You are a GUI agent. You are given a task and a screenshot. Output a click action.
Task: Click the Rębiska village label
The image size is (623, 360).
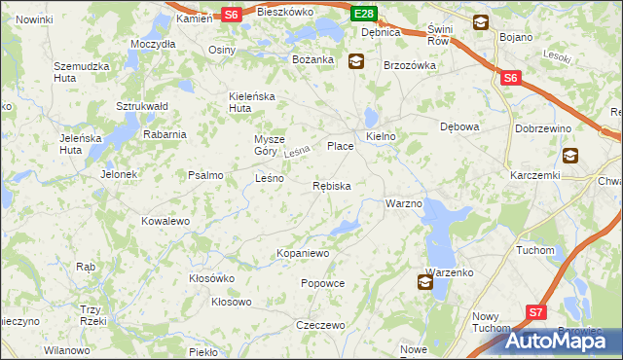(x=332, y=185)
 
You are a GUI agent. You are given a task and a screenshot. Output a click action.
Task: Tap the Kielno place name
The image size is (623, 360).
(x=380, y=137)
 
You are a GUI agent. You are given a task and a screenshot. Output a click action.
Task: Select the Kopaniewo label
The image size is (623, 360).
(x=304, y=253)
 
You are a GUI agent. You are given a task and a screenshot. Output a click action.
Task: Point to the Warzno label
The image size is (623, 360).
(x=403, y=203)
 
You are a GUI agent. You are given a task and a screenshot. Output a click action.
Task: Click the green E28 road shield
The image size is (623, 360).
(x=364, y=13)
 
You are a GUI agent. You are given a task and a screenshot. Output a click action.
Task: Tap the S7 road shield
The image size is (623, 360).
(x=535, y=312)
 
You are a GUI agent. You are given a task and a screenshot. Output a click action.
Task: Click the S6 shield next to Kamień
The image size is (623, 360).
(x=231, y=14)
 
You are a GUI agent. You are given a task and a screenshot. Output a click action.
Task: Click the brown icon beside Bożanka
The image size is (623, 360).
(x=356, y=60)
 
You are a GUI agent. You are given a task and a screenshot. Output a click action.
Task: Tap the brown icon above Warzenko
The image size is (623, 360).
(x=425, y=282)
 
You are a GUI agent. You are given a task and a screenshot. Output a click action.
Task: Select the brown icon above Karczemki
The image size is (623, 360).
(x=569, y=155)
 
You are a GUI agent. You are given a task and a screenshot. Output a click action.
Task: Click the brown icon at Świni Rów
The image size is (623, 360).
(x=481, y=22)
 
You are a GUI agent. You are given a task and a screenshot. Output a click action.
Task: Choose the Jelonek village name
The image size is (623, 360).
(x=119, y=175)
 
